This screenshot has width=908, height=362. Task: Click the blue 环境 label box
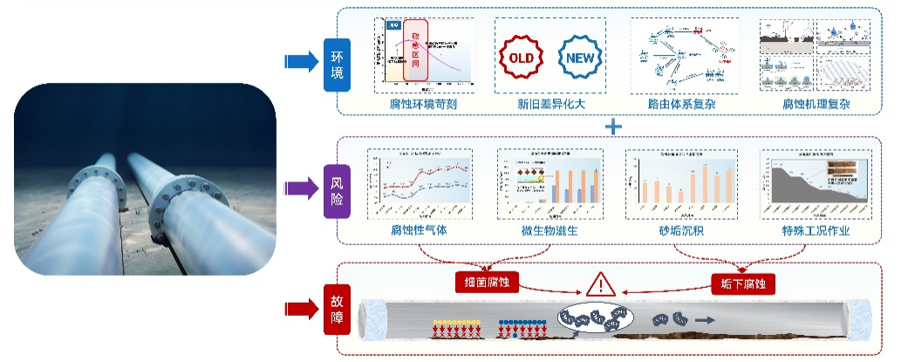pyautogui.click(x=337, y=65)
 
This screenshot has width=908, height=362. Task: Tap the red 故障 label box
pyautogui.click(x=337, y=310)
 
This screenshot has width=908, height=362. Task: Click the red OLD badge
pyautogui.click(x=521, y=58)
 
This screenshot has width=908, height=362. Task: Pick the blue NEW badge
pyautogui.click(x=580, y=58)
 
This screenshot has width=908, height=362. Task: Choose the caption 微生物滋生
pyautogui.click(x=550, y=232)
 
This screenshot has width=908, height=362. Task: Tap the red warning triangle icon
pyautogui.click(x=600, y=283)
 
